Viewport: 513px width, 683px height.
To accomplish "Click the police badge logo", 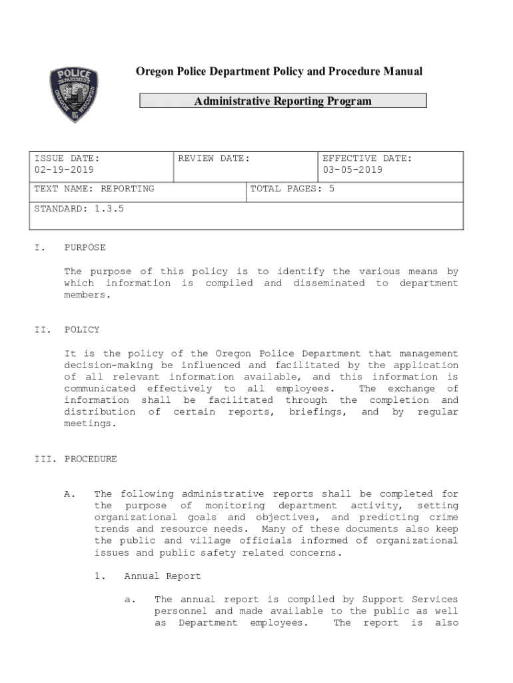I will tap(74, 95).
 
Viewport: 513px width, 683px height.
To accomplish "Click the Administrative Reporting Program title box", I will tap(282, 101).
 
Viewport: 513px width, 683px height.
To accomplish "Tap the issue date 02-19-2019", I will tap(64, 170).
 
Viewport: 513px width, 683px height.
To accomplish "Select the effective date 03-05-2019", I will tap(352, 170).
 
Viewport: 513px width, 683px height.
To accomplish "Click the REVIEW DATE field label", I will tap(214, 158).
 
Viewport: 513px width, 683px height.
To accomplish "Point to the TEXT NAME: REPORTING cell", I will tap(94, 189).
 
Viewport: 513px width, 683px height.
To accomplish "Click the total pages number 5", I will tap(331, 189).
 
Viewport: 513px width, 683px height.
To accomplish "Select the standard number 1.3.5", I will tap(109, 209).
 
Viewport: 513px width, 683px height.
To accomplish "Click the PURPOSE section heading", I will tap(85, 247).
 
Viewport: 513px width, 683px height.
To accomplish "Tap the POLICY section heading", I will tap(82, 329).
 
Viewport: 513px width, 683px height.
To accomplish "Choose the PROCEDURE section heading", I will tap(91, 459).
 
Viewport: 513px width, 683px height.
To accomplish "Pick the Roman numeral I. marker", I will tap(39, 247).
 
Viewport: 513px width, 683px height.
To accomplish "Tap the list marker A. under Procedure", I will tap(69, 494).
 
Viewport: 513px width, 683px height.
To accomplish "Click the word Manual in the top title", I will tap(402, 71).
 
